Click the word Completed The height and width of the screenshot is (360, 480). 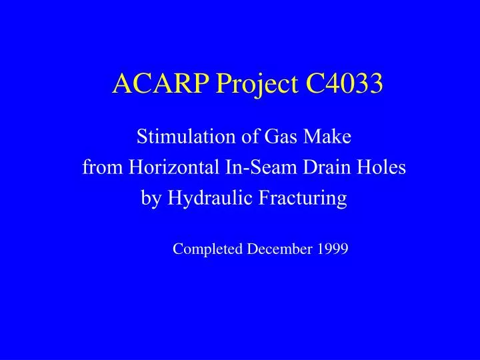[x=209, y=249]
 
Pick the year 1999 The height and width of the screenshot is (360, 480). [x=333, y=249]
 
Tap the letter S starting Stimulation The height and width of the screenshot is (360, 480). [x=141, y=137]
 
